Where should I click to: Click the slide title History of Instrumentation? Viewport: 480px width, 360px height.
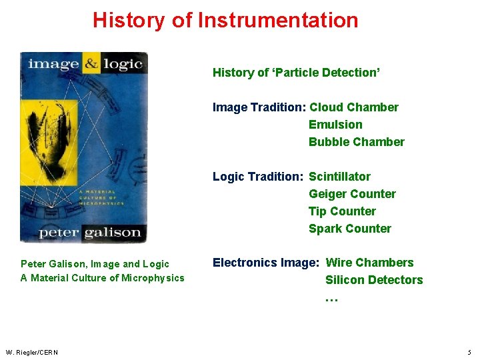pyautogui.click(x=225, y=20)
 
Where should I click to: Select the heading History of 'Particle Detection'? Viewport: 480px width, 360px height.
pyautogui.click(x=296, y=73)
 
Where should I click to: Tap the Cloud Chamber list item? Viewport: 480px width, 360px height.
pyautogui.click(x=353, y=107)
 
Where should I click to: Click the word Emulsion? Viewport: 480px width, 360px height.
pyautogui.click(x=335, y=125)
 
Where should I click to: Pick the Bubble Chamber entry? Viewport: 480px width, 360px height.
pyautogui.click(x=356, y=142)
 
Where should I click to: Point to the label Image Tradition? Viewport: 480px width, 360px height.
pyautogui.click(x=259, y=107)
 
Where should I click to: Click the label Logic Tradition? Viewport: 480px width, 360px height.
pyautogui.click(x=258, y=177)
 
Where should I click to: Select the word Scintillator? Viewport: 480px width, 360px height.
pyautogui.click(x=339, y=177)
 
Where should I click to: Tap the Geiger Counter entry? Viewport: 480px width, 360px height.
pyautogui.click(x=352, y=194)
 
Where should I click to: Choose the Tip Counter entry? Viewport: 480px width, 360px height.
pyautogui.click(x=342, y=211)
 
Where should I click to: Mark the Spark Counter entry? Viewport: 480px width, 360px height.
pyautogui.click(x=349, y=229)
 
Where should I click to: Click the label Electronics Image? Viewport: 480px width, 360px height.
pyautogui.click(x=265, y=263)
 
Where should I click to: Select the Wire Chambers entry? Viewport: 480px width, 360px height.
pyautogui.click(x=369, y=263)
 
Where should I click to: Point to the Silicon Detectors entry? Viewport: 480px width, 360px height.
pyautogui.click(x=373, y=280)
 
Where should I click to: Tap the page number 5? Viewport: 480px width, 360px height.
pyautogui.click(x=469, y=352)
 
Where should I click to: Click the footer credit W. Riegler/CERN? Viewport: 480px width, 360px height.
pyautogui.click(x=31, y=352)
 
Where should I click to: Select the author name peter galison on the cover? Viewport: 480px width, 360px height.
pyautogui.click(x=89, y=233)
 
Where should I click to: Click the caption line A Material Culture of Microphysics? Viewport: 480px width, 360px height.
pyautogui.click(x=102, y=278)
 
